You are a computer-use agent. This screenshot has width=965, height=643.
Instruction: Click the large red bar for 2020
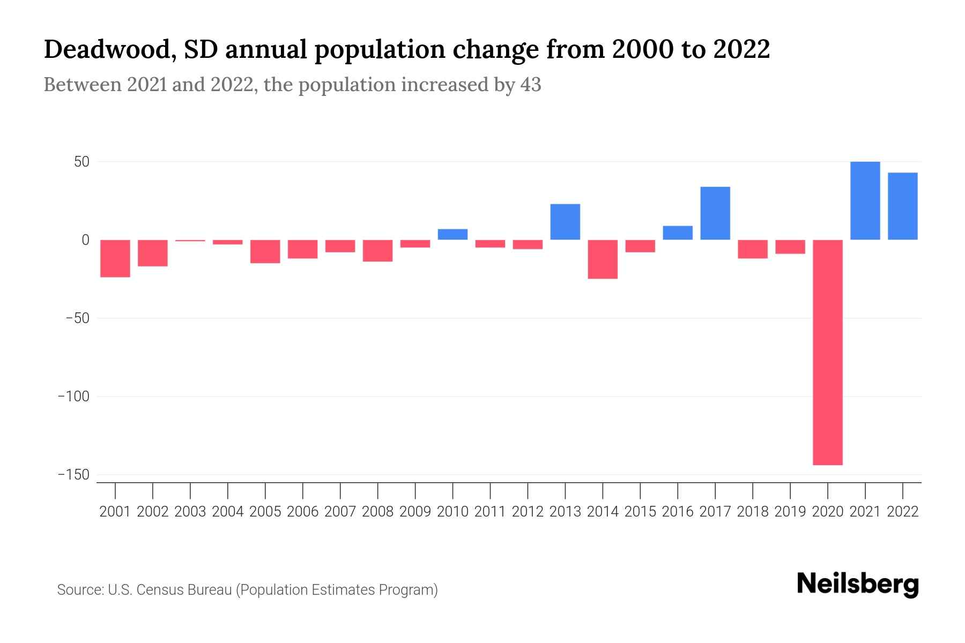tap(828, 352)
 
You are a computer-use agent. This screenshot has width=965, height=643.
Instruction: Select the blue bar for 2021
tap(865, 200)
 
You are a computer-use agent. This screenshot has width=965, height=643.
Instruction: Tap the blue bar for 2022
tap(902, 206)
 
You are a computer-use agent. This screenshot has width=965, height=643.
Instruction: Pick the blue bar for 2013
tap(565, 222)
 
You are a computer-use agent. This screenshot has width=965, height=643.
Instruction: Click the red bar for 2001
tap(115, 258)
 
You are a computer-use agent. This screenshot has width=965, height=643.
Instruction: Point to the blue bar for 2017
tap(715, 213)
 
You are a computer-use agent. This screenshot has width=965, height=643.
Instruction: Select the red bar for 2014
tap(603, 259)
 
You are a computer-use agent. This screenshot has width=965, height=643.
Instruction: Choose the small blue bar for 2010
tap(452, 234)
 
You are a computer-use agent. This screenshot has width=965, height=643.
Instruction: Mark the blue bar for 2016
tap(678, 233)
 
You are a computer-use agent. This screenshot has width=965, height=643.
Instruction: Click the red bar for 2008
tap(377, 251)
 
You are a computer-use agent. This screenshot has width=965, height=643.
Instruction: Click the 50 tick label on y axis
tap(81, 162)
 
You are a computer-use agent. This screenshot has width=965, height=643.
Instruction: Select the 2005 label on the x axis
tap(265, 512)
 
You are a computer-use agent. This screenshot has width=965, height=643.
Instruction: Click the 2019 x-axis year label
tap(790, 512)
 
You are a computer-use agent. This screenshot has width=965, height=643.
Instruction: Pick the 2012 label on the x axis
tap(528, 512)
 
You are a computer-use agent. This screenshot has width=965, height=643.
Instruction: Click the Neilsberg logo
tap(858, 584)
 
